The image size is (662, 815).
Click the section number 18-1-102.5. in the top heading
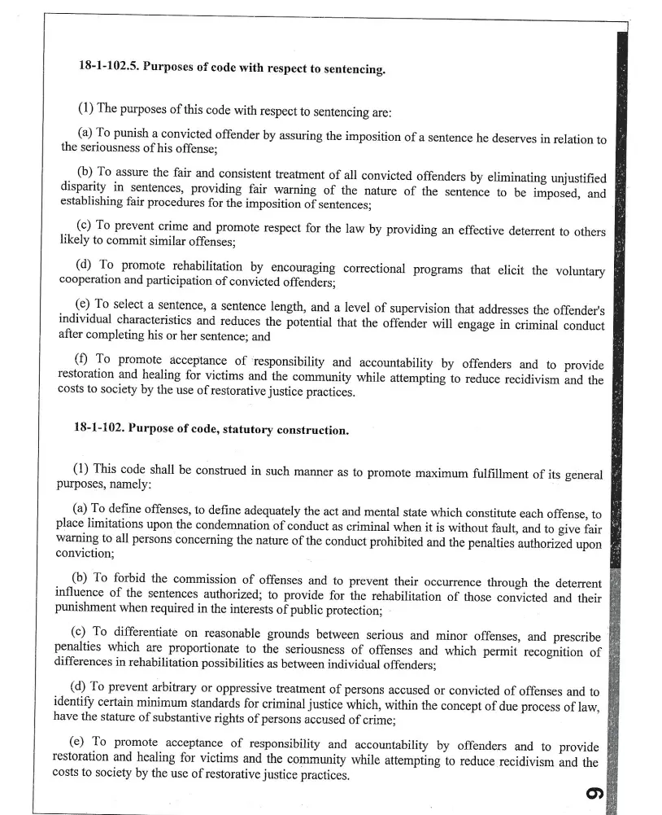[x=107, y=65]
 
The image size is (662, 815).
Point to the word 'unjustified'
[x=571, y=177]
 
